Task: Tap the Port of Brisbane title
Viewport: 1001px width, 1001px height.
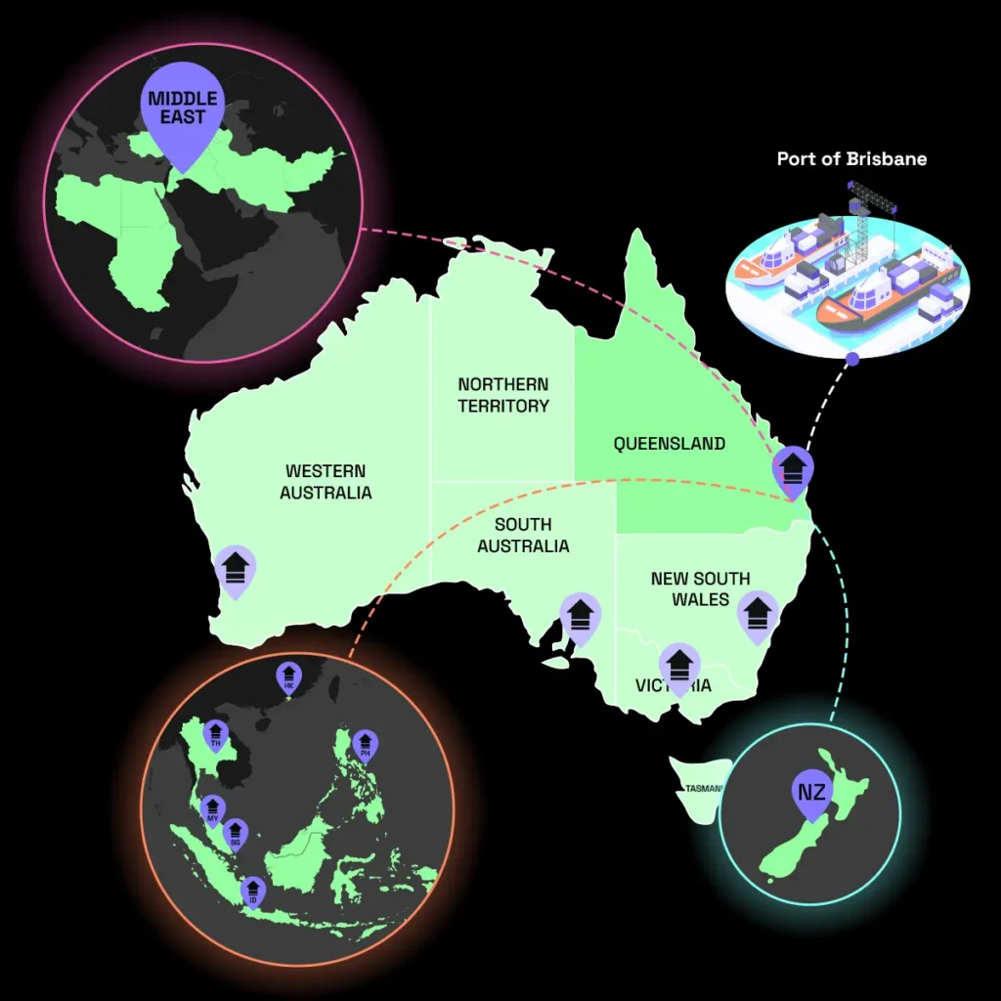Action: (851, 158)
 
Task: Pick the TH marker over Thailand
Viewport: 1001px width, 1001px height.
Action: (216, 736)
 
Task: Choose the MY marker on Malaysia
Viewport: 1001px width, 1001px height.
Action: (212, 810)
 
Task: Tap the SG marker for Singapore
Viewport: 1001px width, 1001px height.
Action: (235, 835)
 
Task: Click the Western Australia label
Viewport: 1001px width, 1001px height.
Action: (326, 482)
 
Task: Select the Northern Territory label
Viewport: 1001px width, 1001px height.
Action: (503, 395)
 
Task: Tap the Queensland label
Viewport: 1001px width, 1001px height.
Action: (670, 444)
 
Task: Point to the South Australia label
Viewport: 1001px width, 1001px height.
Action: (523, 536)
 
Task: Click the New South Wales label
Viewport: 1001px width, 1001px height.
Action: (700, 588)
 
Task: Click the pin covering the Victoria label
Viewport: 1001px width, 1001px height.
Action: (679, 667)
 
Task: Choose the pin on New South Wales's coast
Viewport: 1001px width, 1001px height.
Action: (757, 614)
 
